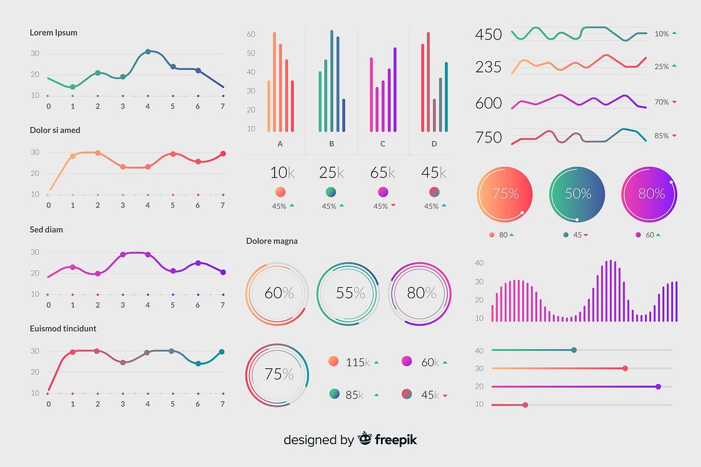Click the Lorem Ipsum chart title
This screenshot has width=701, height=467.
[x=53, y=33]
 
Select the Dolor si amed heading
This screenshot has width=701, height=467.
[x=55, y=130]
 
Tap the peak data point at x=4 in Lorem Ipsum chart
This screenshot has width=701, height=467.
[x=148, y=51]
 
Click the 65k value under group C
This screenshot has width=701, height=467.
[x=383, y=172]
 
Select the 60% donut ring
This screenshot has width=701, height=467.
[x=277, y=293]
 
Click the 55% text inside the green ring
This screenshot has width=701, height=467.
[x=350, y=293]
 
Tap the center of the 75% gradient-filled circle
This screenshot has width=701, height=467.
[x=505, y=194]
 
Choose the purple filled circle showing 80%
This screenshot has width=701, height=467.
[x=650, y=194]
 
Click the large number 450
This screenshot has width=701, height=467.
[x=488, y=34]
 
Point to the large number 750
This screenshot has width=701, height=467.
[x=488, y=138]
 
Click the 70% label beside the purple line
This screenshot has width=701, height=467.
[x=661, y=102]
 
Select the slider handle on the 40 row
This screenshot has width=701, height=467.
[x=574, y=350]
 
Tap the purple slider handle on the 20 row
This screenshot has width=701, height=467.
[x=658, y=386]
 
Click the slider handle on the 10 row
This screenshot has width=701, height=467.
[x=525, y=405]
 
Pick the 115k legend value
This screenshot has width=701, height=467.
[x=358, y=363]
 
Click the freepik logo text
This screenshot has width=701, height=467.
[x=395, y=440]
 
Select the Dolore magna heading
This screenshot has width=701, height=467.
[x=272, y=241]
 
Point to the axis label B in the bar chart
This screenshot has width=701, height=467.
[x=331, y=144]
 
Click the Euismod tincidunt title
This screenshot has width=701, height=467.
[x=63, y=329]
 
